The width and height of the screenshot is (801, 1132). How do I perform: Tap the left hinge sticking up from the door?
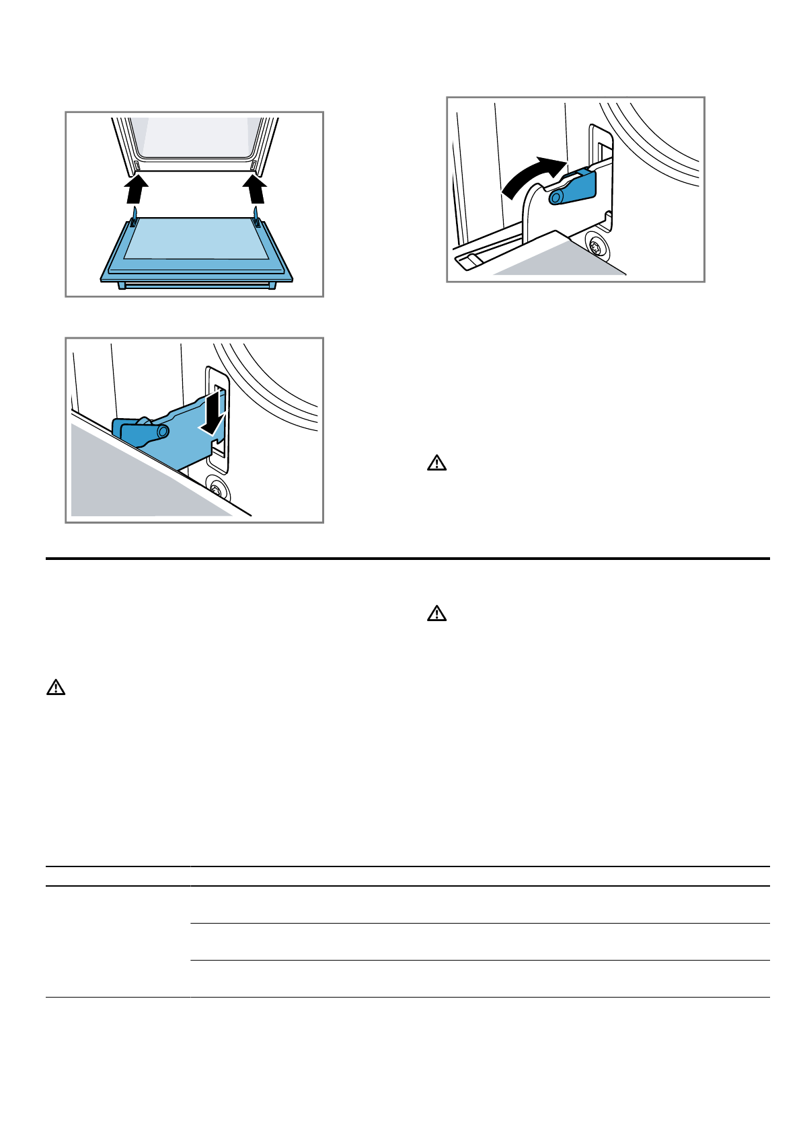[135, 216]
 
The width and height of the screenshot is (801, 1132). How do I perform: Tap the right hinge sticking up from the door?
[256, 216]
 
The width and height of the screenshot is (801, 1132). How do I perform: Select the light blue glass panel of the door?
[195, 239]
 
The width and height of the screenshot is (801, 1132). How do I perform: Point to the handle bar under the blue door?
[196, 286]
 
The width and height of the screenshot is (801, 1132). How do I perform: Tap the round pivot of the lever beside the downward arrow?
[161, 431]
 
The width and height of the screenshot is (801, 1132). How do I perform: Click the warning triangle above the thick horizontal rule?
[436, 463]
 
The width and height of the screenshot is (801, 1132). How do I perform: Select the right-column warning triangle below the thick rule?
[436, 614]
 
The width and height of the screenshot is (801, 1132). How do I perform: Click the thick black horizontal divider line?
[407, 559]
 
